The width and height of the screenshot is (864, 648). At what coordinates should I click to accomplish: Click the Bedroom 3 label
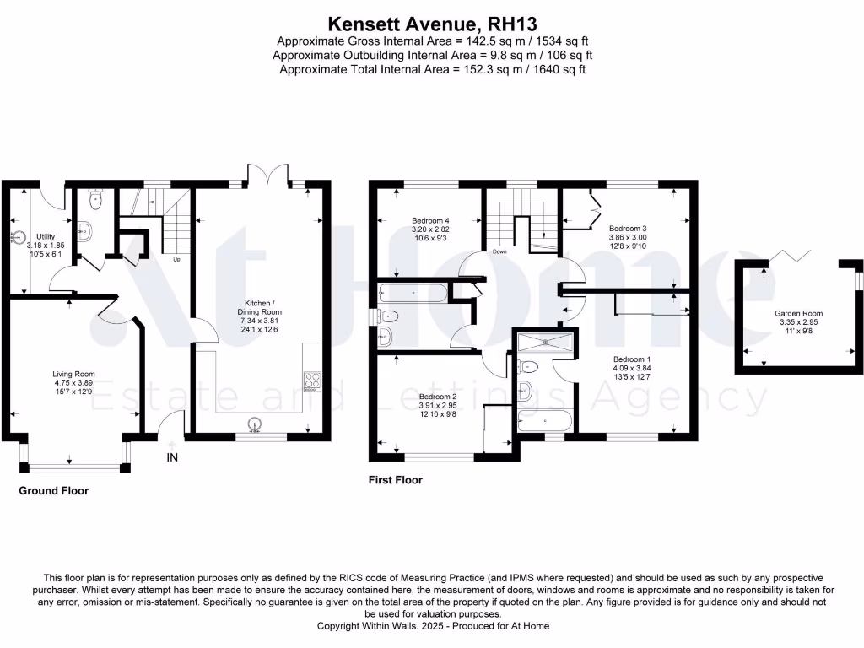click(628, 228)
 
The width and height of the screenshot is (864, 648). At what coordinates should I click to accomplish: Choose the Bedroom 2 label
click(437, 397)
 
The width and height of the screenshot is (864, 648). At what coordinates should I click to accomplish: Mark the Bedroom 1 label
click(631, 359)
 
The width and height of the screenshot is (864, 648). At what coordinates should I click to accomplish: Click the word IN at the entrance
click(172, 458)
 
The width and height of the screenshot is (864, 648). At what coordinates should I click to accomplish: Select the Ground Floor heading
click(53, 490)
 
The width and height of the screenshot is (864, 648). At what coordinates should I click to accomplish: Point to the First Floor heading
click(395, 480)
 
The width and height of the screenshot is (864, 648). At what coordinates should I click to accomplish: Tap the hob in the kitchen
click(310, 381)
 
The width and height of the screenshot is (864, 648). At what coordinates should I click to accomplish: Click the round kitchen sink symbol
click(254, 424)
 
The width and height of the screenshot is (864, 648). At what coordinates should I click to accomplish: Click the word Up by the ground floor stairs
click(176, 259)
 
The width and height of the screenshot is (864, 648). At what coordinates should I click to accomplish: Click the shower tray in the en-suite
click(545, 341)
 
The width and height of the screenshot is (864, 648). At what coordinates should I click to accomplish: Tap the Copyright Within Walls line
click(431, 626)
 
